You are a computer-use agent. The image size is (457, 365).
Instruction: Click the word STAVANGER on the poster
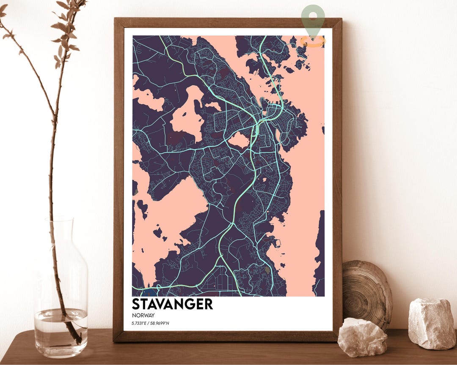pos(172,304)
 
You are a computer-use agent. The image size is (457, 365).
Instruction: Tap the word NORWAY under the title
pos(143,315)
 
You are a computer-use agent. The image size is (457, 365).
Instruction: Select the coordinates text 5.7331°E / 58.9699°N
pos(153,324)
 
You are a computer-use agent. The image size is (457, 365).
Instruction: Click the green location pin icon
pos(313,19)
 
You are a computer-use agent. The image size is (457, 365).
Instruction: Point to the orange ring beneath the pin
pos(313,41)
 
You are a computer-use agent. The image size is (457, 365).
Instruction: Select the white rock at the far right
pos(432,323)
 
